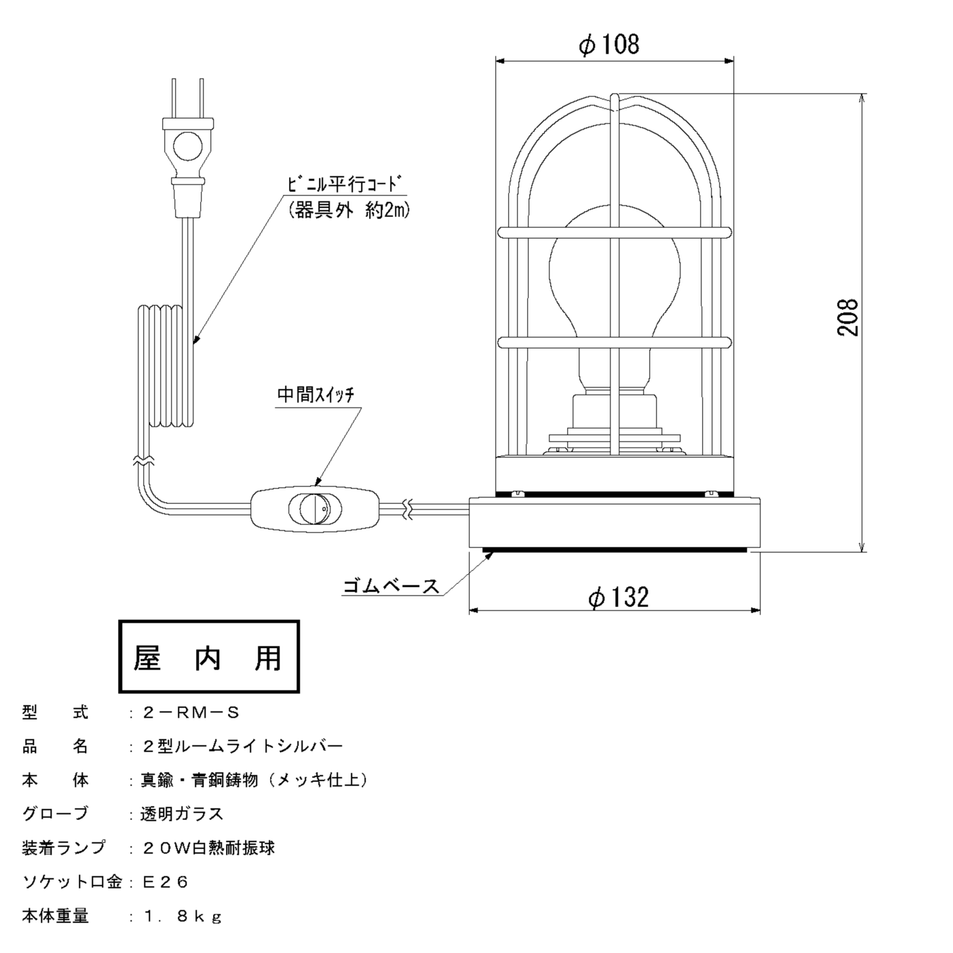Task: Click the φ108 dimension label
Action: pyautogui.click(x=608, y=45)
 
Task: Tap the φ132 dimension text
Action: pyautogui.click(x=618, y=597)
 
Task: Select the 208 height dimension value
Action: pyautogui.click(x=847, y=317)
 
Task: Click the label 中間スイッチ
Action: pyautogui.click(x=316, y=395)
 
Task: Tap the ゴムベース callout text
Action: pyautogui.click(x=391, y=585)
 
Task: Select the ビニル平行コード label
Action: pyautogui.click(x=345, y=184)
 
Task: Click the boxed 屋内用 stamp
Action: pyautogui.click(x=209, y=657)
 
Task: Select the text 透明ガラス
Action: pyautogui.click(x=181, y=815)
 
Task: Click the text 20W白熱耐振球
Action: pyautogui.click(x=208, y=849)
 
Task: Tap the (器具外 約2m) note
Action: pyautogui.click(x=349, y=210)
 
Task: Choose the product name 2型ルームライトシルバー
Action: pyautogui.click(x=242, y=747)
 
